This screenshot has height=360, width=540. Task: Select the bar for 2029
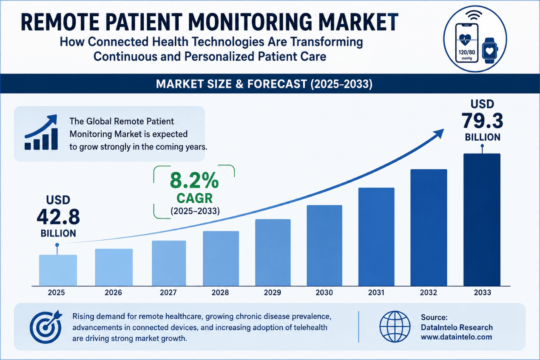(x=273, y=252)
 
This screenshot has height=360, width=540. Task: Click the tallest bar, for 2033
(x=482, y=219)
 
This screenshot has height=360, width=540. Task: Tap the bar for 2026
(x=114, y=267)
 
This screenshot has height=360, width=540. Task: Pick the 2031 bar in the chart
(x=376, y=237)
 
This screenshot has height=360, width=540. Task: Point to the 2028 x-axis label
(x=220, y=292)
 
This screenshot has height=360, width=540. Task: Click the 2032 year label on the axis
(x=428, y=292)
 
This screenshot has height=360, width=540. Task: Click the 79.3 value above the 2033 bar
(x=482, y=121)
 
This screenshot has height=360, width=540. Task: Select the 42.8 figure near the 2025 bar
(x=58, y=217)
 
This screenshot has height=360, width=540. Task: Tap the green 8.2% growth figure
(x=194, y=181)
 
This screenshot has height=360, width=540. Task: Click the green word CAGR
(x=195, y=198)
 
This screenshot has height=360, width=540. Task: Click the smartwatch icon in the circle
(x=490, y=51)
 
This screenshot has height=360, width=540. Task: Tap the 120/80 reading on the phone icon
(x=467, y=52)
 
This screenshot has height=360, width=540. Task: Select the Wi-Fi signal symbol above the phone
(x=474, y=16)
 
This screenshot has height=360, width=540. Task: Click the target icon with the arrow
(x=46, y=326)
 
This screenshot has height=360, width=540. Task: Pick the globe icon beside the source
(x=395, y=326)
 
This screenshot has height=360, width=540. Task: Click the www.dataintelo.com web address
(x=456, y=337)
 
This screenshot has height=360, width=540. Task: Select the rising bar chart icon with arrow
(x=41, y=132)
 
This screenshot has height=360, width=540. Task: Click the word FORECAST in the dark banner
(x=277, y=84)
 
